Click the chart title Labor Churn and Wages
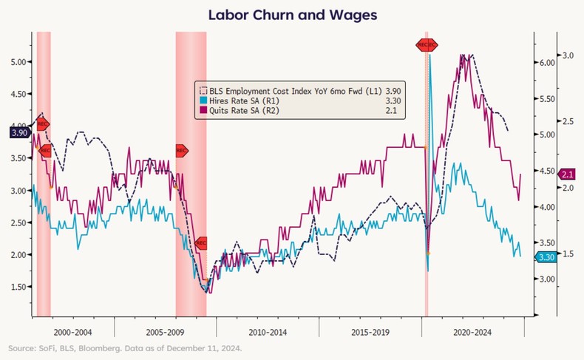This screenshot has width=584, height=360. [291, 14]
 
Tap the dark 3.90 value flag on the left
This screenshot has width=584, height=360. [18, 132]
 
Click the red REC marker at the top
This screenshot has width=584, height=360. [427, 44]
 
